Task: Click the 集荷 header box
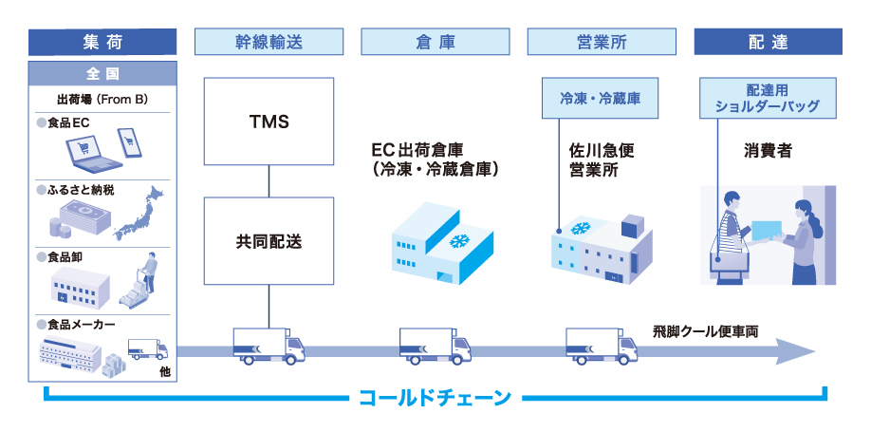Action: [103, 42]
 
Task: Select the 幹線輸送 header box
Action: [269, 42]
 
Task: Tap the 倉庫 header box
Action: [435, 42]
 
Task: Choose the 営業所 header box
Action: [602, 42]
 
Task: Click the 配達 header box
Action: [768, 42]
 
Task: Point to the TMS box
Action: [269, 122]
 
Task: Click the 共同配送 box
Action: [269, 241]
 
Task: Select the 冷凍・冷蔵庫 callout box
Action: [602, 98]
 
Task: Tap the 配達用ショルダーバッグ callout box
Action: [768, 98]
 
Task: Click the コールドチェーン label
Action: [435, 396]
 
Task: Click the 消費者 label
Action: [768, 150]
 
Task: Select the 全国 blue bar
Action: [103, 73]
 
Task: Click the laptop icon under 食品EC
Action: [83, 151]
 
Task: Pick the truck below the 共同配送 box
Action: [269, 347]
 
